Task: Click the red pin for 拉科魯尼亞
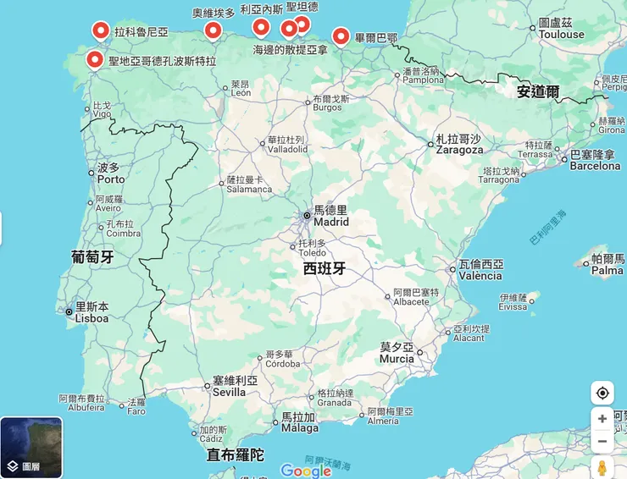click(101, 32)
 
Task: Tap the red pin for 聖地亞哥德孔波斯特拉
click(95, 60)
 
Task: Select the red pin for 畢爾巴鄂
click(341, 36)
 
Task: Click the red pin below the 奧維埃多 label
click(214, 31)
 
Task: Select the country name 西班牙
click(325, 269)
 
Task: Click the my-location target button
click(602, 393)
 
